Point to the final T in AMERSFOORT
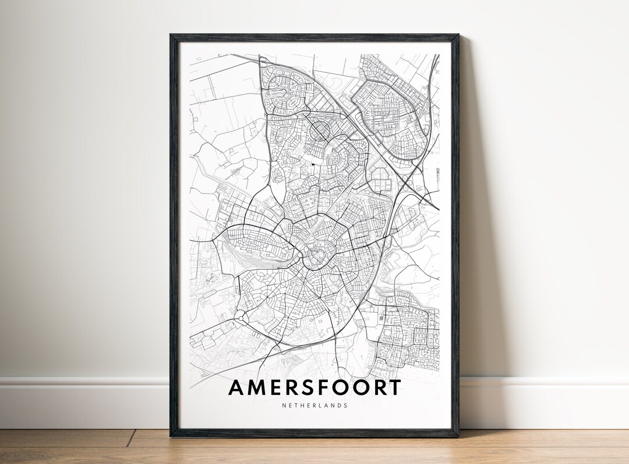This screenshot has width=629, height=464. [394, 387]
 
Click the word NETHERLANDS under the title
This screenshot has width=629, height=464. [314, 405]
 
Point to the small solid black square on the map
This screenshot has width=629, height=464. [312, 164]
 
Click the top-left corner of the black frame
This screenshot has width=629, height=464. [172, 36]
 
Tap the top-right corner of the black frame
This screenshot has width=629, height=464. [457, 36]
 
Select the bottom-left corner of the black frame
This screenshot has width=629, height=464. [172, 434]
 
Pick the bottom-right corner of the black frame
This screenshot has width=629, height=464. [457, 434]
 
